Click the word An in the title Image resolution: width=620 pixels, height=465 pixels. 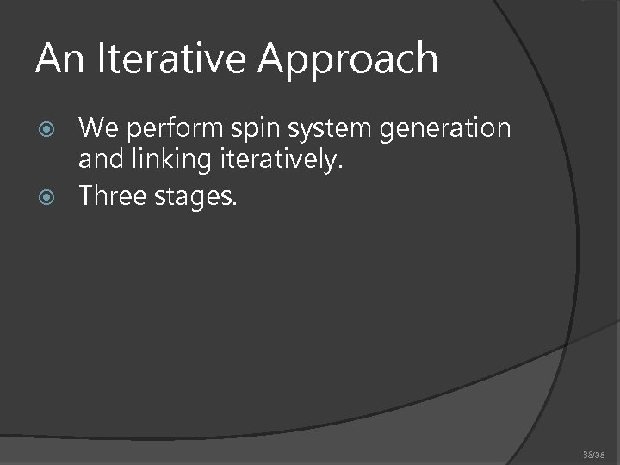pos(55,59)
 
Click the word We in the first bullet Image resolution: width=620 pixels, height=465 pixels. pos(96,128)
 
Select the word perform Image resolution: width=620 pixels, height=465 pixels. pos(164,130)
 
